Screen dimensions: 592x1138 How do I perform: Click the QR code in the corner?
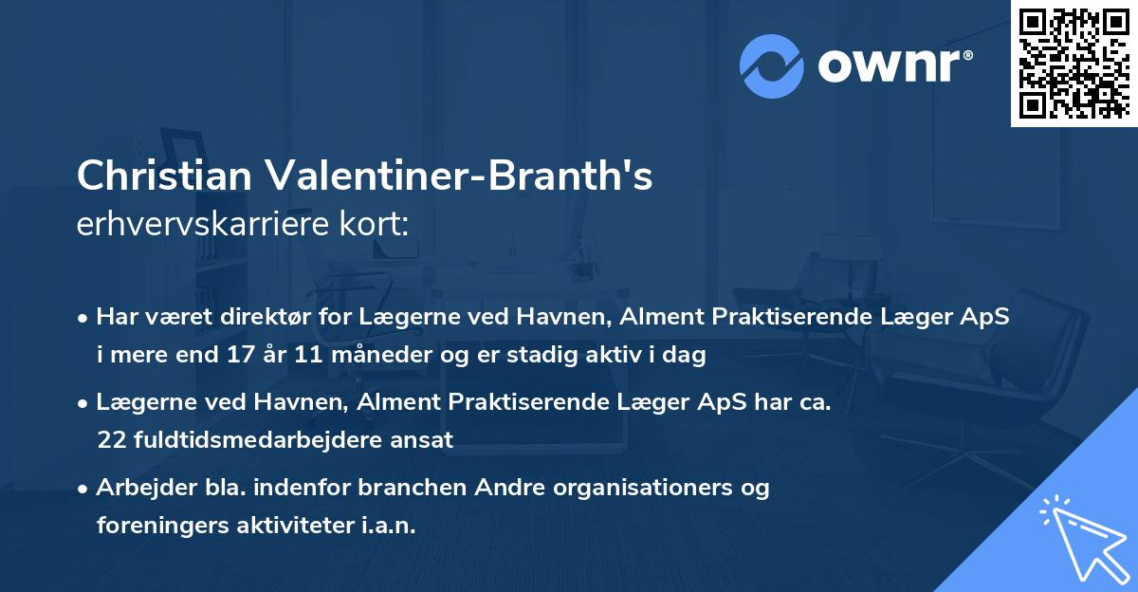coord(1073,63)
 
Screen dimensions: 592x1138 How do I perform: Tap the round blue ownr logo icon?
coord(772,66)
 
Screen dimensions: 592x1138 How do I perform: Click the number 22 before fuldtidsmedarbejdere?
coord(110,439)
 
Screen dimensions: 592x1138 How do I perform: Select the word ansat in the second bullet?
coord(426,439)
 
